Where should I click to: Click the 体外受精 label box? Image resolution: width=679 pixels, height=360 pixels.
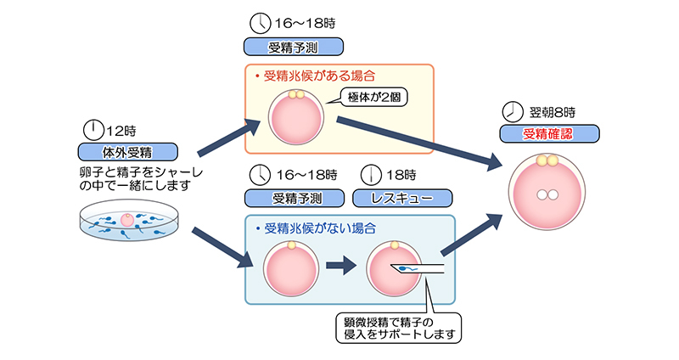(x=127, y=152)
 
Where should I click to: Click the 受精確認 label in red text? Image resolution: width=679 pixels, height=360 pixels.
(x=549, y=133)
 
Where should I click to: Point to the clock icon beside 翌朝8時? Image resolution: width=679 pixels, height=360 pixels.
(x=512, y=111)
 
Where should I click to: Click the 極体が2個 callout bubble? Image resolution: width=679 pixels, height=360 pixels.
(x=373, y=98)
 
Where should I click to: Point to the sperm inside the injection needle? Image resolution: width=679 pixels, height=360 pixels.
(x=408, y=272)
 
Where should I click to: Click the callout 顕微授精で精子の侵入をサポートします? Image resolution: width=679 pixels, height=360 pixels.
(x=397, y=328)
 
